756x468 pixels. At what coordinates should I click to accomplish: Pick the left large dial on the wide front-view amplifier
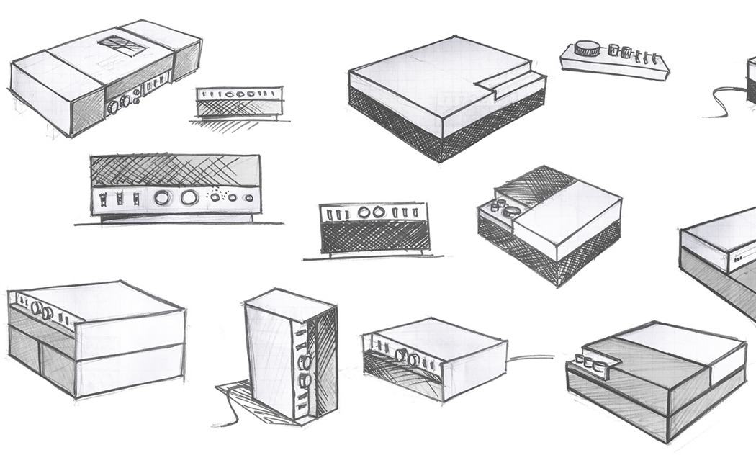click(162, 197)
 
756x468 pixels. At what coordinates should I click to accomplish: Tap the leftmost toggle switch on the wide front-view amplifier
click(107, 197)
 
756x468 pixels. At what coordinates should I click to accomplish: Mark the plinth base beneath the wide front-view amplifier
click(173, 217)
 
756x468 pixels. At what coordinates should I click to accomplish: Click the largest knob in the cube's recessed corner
click(512, 212)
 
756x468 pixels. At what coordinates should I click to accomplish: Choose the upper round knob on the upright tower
click(303, 358)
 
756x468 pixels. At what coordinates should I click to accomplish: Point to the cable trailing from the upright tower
click(230, 414)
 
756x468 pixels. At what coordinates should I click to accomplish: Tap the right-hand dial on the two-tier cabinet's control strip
click(48, 312)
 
